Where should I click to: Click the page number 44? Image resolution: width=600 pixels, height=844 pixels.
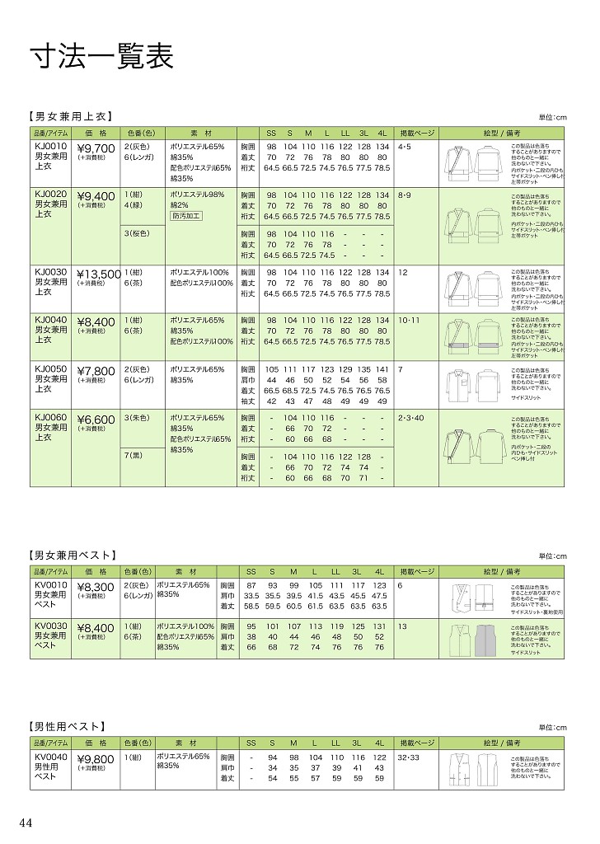pyautogui.click(x=26, y=822)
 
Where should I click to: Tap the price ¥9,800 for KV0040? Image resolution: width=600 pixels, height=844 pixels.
pyautogui.click(x=96, y=760)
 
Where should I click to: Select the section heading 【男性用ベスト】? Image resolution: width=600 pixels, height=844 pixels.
pyautogui.click(x=68, y=726)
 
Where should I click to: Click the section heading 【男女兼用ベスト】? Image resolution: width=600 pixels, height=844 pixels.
pyautogui.click(x=73, y=556)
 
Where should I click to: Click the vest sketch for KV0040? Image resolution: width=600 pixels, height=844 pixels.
pyautogui.click(x=474, y=769)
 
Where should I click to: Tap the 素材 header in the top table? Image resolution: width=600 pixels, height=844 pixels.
pyautogui.click(x=201, y=133)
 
